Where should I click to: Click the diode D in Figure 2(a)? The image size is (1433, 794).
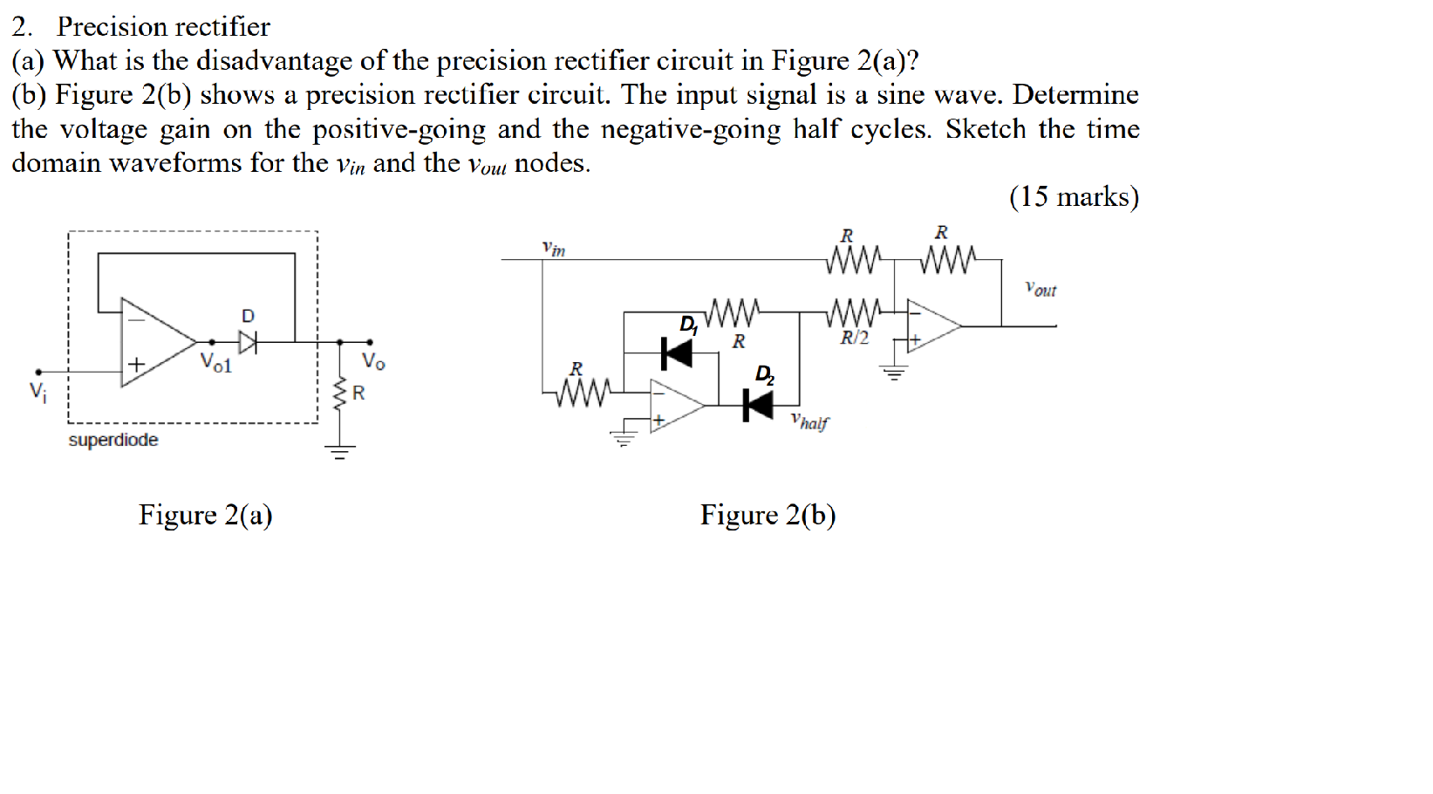click(x=249, y=342)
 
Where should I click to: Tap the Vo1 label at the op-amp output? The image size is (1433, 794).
click(x=216, y=362)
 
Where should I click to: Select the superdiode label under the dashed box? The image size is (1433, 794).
click(x=113, y=440)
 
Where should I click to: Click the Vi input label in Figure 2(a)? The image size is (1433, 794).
click(x=38, y=390)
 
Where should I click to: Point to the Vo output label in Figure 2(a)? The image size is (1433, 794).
click(x=373, y=360)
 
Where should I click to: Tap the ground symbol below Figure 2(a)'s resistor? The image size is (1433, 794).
click(x=340, y=451)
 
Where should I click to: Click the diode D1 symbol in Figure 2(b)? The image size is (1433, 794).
click(x=677, y=353)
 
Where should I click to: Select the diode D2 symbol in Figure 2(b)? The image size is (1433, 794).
click(x=758, y=405)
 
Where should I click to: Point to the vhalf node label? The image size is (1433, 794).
click(x=809, y=421)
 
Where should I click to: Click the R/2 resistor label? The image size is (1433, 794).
click(x=855, y=338)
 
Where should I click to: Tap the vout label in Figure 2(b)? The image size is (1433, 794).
click(x=1041, y=289)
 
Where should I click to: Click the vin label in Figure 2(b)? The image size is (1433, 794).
click(x=553, y=250)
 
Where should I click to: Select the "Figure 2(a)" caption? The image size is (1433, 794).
click(x=205, y=515)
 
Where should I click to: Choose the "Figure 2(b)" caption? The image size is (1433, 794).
click(x=768, y=515)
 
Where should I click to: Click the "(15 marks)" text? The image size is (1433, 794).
click(x=1074, y=196)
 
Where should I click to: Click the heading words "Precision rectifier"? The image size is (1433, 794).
click(x=163, y=26)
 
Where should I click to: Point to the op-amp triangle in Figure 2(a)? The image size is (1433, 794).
click(x=155, y=341)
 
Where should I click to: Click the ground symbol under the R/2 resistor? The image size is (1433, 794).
click(x=894, y=373)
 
